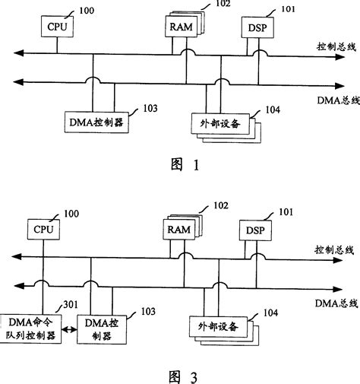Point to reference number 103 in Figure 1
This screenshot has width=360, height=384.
[138, 109]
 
